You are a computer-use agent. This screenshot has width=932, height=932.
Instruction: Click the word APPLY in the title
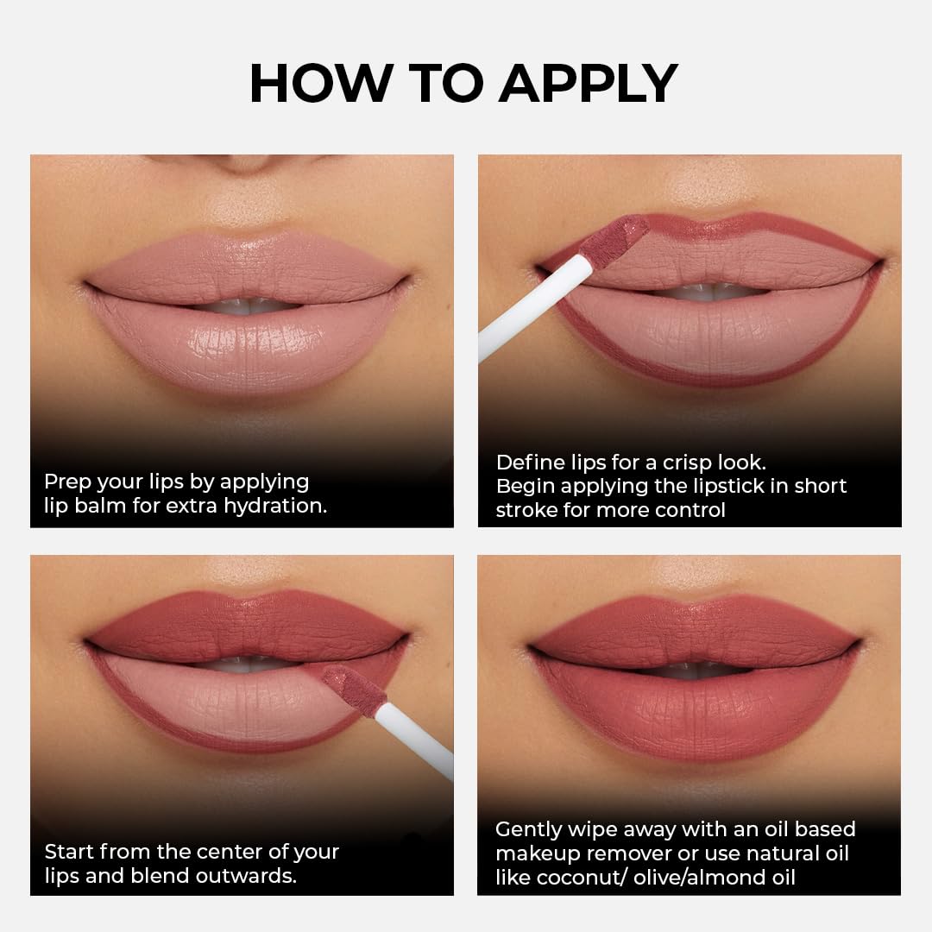click(588, 84)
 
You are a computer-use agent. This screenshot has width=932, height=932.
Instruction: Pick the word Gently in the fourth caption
click(527, 829)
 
